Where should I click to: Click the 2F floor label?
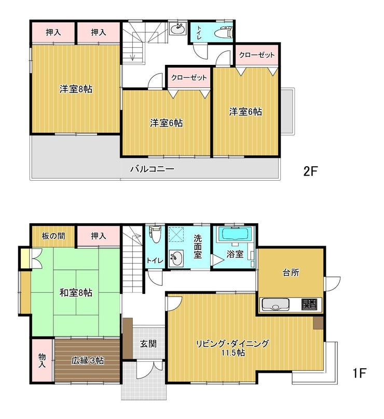(310, 171)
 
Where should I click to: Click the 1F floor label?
(359, 373)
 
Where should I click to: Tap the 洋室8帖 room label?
(76, 89)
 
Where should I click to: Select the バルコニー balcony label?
(152, 169)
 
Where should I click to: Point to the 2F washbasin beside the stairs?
(178, 29)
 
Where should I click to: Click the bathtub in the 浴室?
(234, 234)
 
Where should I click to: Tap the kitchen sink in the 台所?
(276, 304)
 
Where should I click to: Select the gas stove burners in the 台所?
(309, 304)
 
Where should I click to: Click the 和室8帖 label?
(76, 293)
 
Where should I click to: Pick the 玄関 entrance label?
(148, 344)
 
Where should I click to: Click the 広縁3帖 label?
(87, 360)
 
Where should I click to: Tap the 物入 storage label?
(42, 360)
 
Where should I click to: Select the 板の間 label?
(53, 236)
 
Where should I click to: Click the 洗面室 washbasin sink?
(176, 259)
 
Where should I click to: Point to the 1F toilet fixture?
(155, 234)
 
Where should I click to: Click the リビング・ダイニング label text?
(232, 344)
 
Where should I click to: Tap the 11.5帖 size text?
(232, 353)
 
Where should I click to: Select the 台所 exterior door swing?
(333, 284)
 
